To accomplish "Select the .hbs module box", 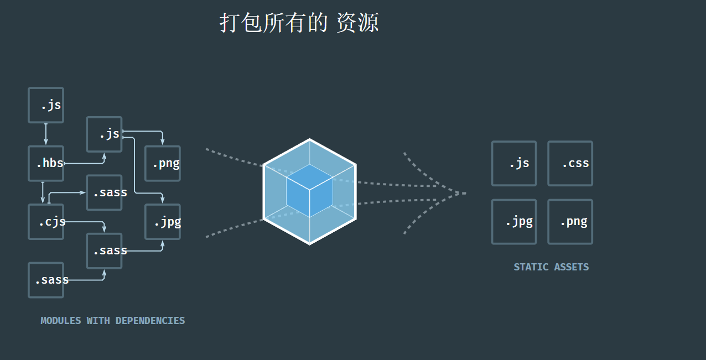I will (x=46, y=163).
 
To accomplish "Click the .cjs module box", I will (x=46, y=222).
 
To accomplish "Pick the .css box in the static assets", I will (x=570, y=163).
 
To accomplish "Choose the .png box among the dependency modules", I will (x=163, y=163).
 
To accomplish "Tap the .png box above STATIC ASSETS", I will (x=570, y=222).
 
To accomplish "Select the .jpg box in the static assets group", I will (x=514, y=222).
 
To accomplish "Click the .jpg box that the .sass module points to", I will (x=163, y=222).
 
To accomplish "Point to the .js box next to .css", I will (x=514, y=163).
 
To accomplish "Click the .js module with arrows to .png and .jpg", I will (x=104, y=134).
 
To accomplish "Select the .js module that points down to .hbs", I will (x=46, y=105).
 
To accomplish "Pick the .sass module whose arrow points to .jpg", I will (x=104, y=251).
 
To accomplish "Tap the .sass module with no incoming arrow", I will (x=46, y=280).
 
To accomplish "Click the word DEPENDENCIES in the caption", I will (x=150, y=321).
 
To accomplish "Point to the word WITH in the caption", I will (x=98, y=321).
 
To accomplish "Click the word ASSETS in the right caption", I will (x=572, y=267).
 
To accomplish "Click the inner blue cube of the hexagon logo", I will (x=309, y=191).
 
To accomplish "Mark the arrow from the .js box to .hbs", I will (x=46, y=134).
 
